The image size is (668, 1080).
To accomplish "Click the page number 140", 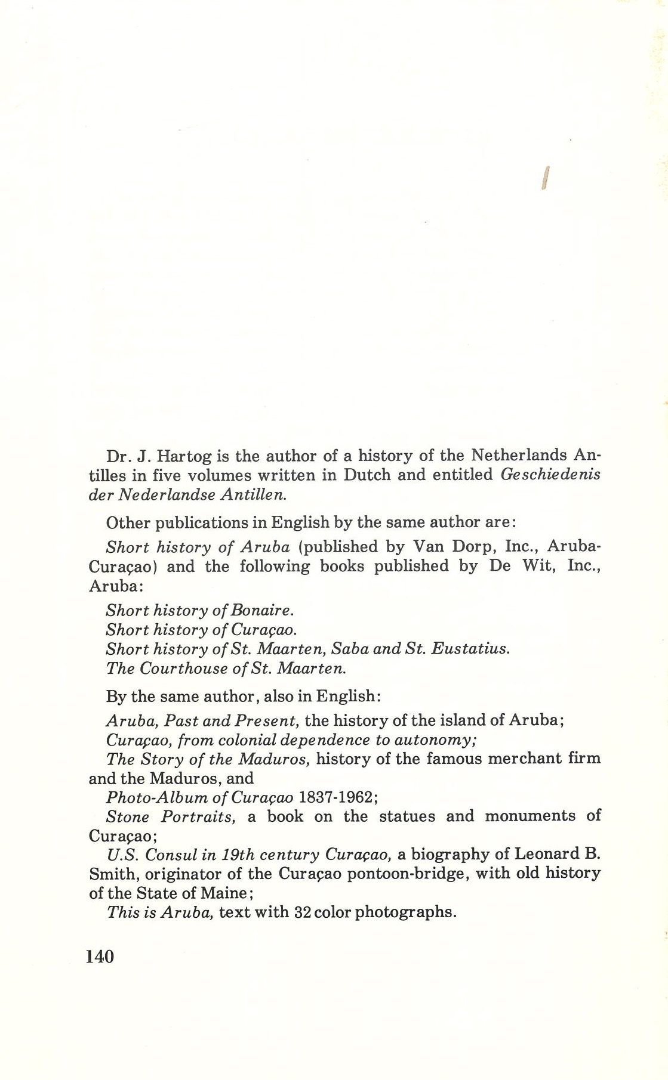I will point(100,956).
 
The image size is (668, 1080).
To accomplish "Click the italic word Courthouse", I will point(183,668).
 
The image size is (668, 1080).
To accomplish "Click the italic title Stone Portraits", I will point(170,816).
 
